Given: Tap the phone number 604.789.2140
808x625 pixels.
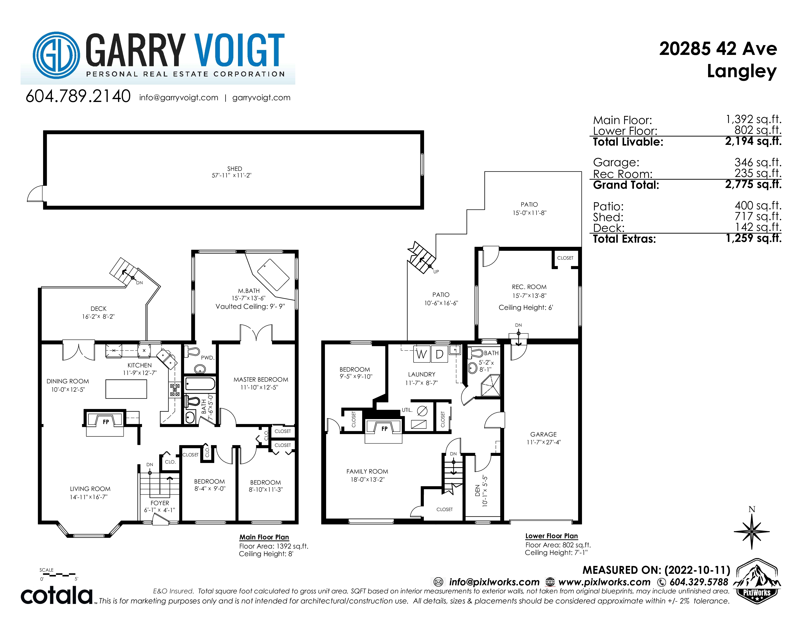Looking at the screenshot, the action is [x=78, y=96].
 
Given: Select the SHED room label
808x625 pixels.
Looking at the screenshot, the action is [x=235, y=168].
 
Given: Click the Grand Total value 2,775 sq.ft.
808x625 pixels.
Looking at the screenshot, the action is [x=753, y=184].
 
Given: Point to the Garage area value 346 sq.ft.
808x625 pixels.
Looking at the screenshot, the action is [x=758, y=162].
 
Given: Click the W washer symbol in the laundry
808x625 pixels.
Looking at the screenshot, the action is [x=421, y=354].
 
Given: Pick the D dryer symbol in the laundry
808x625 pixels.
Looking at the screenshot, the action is [x=439, y=354].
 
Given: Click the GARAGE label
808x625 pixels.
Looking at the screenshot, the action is [x=544, y=434].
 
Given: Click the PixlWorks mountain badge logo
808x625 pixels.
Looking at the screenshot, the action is [x=757, y=581].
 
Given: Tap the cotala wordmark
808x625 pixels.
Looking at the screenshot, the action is [x=57, y=595].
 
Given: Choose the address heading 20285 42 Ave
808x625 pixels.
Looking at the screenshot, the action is [x=718, y=49].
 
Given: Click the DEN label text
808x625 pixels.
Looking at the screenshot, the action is [x=478, y=491].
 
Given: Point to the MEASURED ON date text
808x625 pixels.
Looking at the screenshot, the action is [x=656, y=570].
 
